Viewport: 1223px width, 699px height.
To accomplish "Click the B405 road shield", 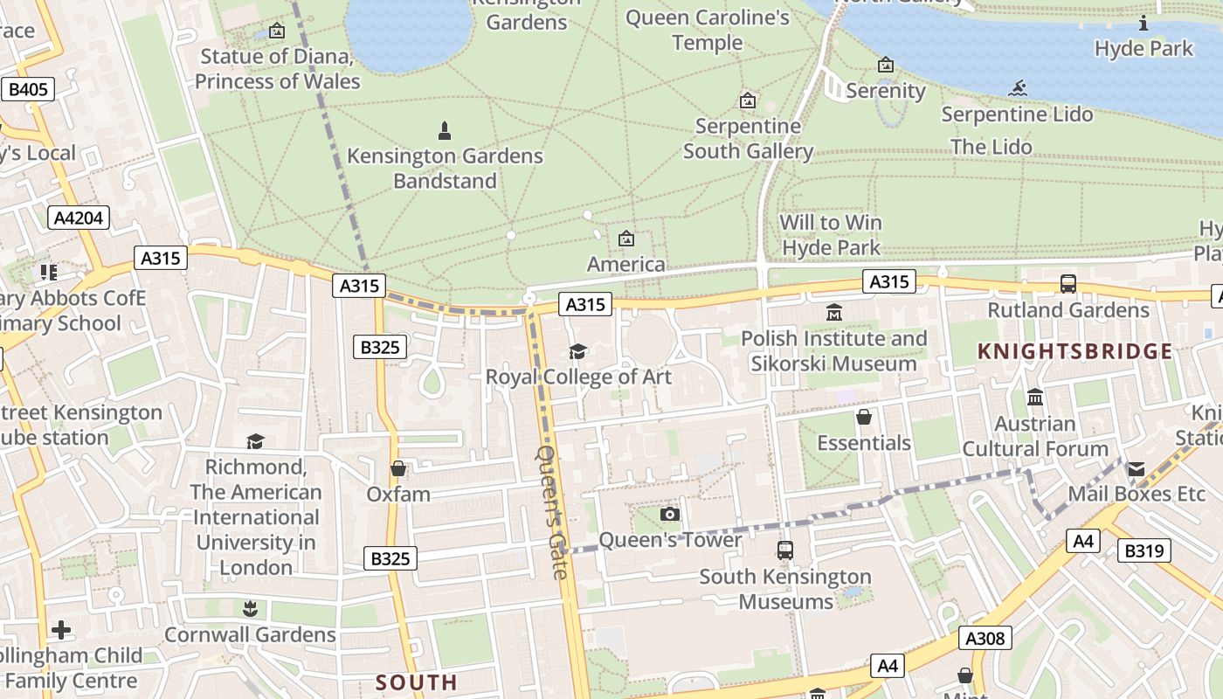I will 29,89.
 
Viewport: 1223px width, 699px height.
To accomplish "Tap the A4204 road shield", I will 79,217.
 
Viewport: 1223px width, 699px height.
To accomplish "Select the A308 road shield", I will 985,638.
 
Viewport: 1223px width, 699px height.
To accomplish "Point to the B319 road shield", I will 1144,550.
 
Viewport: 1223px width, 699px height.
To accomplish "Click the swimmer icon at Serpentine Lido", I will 1017,88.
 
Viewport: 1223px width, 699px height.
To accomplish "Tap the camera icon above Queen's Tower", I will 670,514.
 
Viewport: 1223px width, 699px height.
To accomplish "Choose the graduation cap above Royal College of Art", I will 577,351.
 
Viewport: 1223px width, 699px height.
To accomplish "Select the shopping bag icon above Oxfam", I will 398,469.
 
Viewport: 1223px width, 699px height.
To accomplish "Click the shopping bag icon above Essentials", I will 864,417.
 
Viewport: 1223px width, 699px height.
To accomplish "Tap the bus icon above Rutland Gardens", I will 1068,283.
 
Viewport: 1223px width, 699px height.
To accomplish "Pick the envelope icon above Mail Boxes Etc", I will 1136,469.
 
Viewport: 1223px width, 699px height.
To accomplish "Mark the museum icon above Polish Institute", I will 834,312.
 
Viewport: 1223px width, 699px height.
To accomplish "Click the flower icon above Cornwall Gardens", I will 250,608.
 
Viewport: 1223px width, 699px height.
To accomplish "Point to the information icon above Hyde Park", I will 1144,23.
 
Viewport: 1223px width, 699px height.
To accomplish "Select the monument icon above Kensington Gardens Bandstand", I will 445,131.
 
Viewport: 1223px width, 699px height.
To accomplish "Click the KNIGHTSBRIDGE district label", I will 1074,351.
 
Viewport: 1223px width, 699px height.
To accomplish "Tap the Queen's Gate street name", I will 552,512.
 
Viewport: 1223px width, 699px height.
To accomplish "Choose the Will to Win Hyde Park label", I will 831,235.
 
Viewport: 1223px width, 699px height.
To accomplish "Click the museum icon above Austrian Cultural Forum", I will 1035,398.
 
